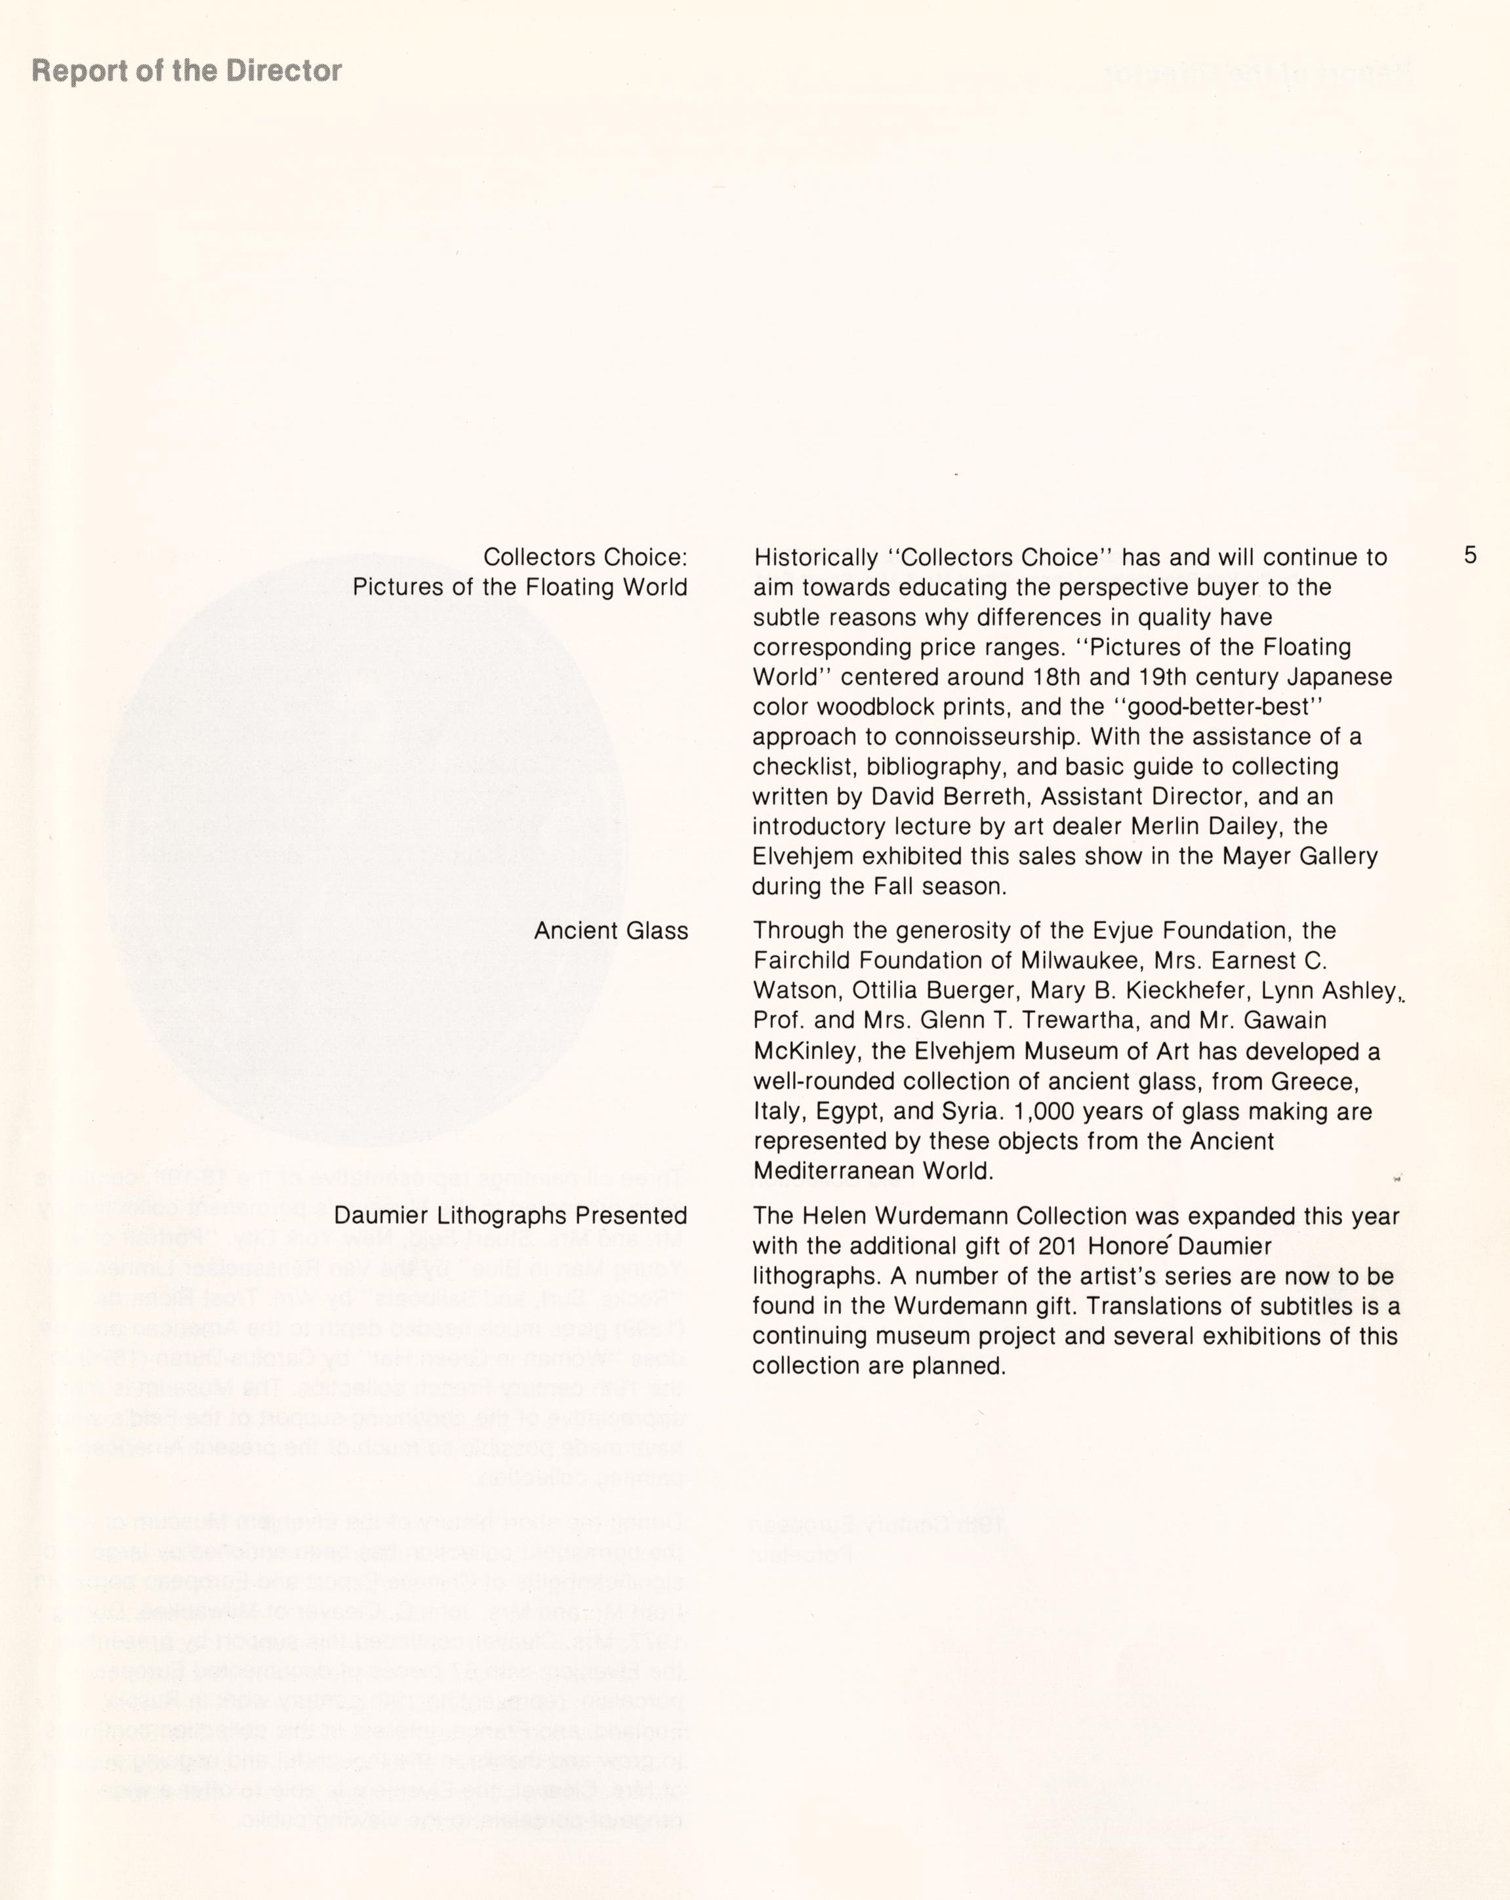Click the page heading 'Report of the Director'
pos(186,71)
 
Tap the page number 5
pos(1469,555)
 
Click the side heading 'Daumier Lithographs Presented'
pos(510,1216)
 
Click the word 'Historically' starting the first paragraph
pos(815,558)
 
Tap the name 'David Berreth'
pos(945,797)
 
